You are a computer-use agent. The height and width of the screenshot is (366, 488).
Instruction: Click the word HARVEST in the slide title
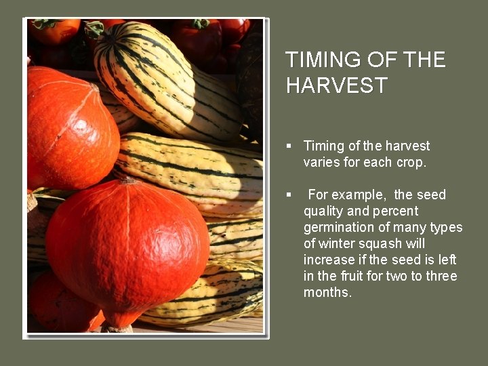pos(336,85)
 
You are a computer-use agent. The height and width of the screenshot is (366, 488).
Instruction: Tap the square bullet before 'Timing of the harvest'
pos(289,146)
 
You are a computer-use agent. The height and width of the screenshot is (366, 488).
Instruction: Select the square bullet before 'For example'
pos(289,195)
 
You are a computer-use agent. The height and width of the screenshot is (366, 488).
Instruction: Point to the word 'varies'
pos(322,162)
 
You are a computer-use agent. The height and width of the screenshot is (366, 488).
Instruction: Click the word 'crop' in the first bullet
pos(408,162)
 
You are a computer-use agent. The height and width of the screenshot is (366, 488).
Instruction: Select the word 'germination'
pos(338,228)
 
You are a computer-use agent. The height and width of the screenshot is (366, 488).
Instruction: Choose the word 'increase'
pos(329,260)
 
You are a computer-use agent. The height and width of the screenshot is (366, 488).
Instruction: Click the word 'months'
pos(327,293)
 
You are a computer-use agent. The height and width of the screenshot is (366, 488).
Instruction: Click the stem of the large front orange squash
pos(128,180)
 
